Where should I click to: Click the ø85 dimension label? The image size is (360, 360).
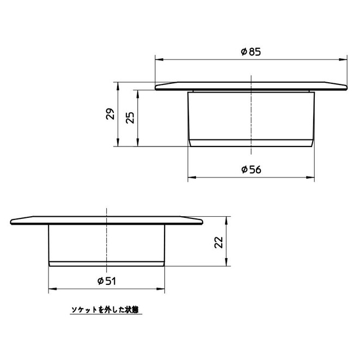251,52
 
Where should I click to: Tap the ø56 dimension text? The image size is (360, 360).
251,169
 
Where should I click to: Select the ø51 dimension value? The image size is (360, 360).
107,280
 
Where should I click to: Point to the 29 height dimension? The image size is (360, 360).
111,114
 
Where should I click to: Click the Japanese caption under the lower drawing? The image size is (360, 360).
106,310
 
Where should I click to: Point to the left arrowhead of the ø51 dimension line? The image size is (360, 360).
51,289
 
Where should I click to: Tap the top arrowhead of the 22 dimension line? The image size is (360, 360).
225,218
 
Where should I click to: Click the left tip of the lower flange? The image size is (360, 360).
12,221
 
